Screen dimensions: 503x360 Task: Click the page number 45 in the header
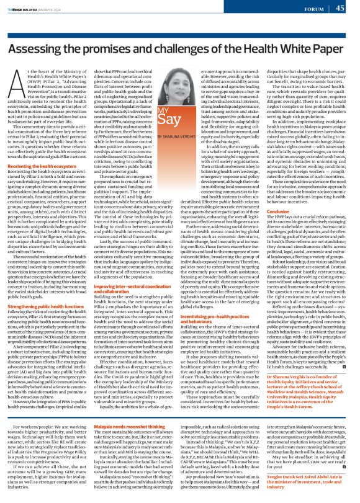pos(340,7)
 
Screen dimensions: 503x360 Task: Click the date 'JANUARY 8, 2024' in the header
pos(56,9)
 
